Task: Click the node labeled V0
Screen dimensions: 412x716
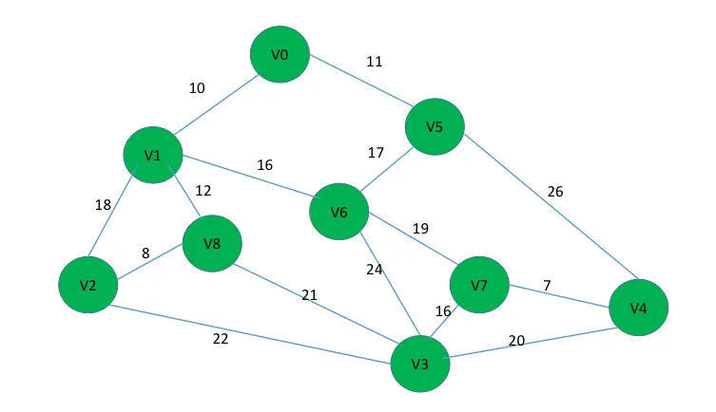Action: pos(280,54)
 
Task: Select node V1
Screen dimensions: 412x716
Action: pos(153,155)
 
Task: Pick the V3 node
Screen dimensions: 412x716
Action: pos(420,364)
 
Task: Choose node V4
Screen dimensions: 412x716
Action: pos(638,308)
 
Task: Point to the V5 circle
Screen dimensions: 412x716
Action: pos(435,126)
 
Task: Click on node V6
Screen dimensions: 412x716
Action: pos(339,212)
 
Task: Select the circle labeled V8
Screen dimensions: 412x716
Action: pos(212,243)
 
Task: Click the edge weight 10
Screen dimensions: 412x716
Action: pos(197,88)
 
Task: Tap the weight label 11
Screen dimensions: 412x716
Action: pos(375,62)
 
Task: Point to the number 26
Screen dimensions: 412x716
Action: pos(554,192)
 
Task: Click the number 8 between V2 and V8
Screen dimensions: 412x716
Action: pos(145,253)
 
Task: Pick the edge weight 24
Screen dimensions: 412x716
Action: pos(374,269)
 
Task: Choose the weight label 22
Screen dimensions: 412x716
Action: pos(221,339)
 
